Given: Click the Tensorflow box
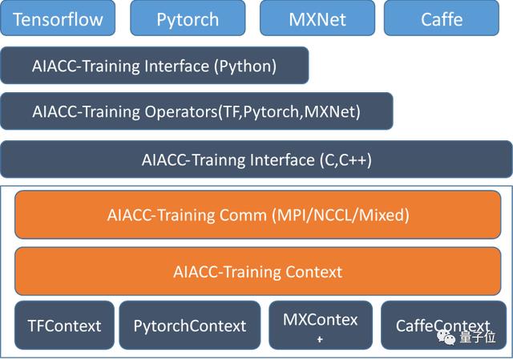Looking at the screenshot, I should pyautogui.click(x=58, y=18).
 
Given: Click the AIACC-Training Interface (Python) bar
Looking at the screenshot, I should pyautogui.click(x=155, y=66).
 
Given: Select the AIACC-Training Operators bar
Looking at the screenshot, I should pyautogui.click(x=196, y=111).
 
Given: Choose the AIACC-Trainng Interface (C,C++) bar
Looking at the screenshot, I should pyautogui.click(x=256, y=159).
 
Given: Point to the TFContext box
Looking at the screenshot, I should pyautogui.click(x=64, y=326).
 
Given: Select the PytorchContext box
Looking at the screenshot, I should pyautogui.click(x=190, y=326).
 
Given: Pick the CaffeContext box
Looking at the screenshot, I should pyautogui.click(x=443, y=326).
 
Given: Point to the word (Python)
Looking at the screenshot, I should pyautogui.click(x=245, y=66).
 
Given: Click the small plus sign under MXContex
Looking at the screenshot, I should pyautogui.click(x=320, y=341).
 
